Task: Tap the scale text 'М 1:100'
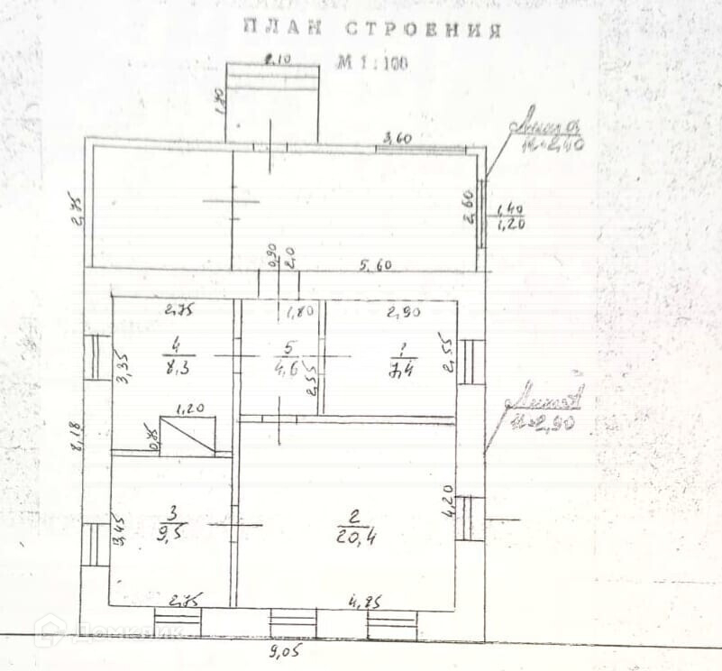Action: (x=371, y=64)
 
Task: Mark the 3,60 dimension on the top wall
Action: (x=398, y=139)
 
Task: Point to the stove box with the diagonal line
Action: (x=187, y=435)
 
